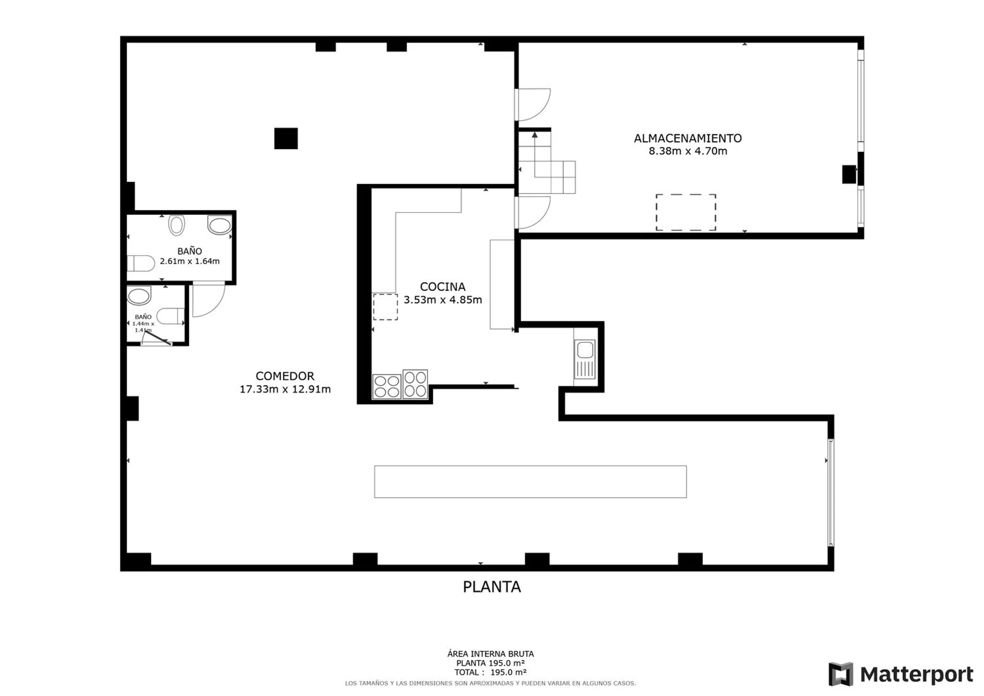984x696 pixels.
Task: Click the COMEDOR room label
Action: (x=285, y=376)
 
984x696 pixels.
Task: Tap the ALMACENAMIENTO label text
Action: (x=688, y=138)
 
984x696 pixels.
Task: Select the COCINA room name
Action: (x=443, y=287)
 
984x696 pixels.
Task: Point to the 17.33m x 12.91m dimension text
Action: (x=285, y=389)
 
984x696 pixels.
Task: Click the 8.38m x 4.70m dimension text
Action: (x=688, y=151)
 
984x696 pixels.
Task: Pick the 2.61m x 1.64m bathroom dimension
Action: (x=190, y=261)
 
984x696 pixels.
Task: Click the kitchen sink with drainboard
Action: (x=585, y=360)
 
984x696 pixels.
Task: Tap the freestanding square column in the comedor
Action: (x=286, y=138)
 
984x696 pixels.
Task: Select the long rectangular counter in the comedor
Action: (x=530, y=482)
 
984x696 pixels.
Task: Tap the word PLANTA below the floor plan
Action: (x=492, y=587)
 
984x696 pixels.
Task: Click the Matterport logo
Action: (x=900, y=674)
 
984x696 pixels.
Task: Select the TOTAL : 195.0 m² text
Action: (x=490, y=672)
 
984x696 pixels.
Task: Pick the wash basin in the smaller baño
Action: (x=139, y=296)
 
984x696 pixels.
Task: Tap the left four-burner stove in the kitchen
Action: (x=387, y=387)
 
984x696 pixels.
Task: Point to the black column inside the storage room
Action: (x=849, y=174)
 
